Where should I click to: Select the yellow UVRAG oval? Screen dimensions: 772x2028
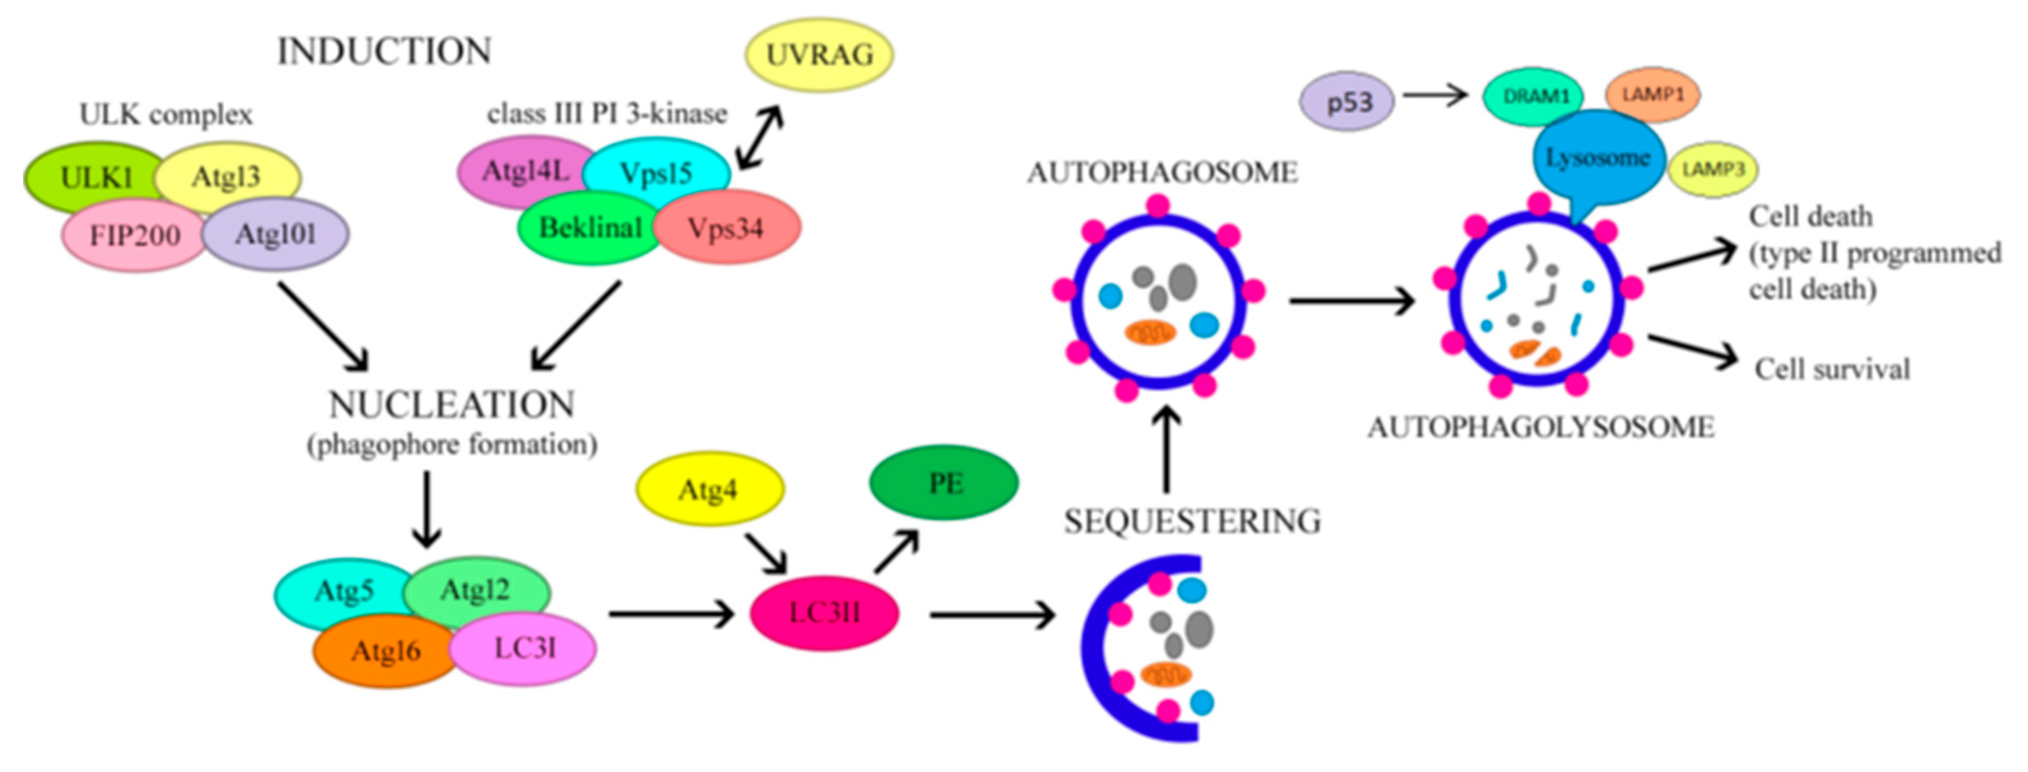coord(819,55)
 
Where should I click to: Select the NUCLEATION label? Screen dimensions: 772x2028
coord(451,406)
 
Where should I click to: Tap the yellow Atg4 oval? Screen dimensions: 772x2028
coord(708,490)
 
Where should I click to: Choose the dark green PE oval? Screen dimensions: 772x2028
coord(944,482)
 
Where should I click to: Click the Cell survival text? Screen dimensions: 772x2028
coord(1832,369)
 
